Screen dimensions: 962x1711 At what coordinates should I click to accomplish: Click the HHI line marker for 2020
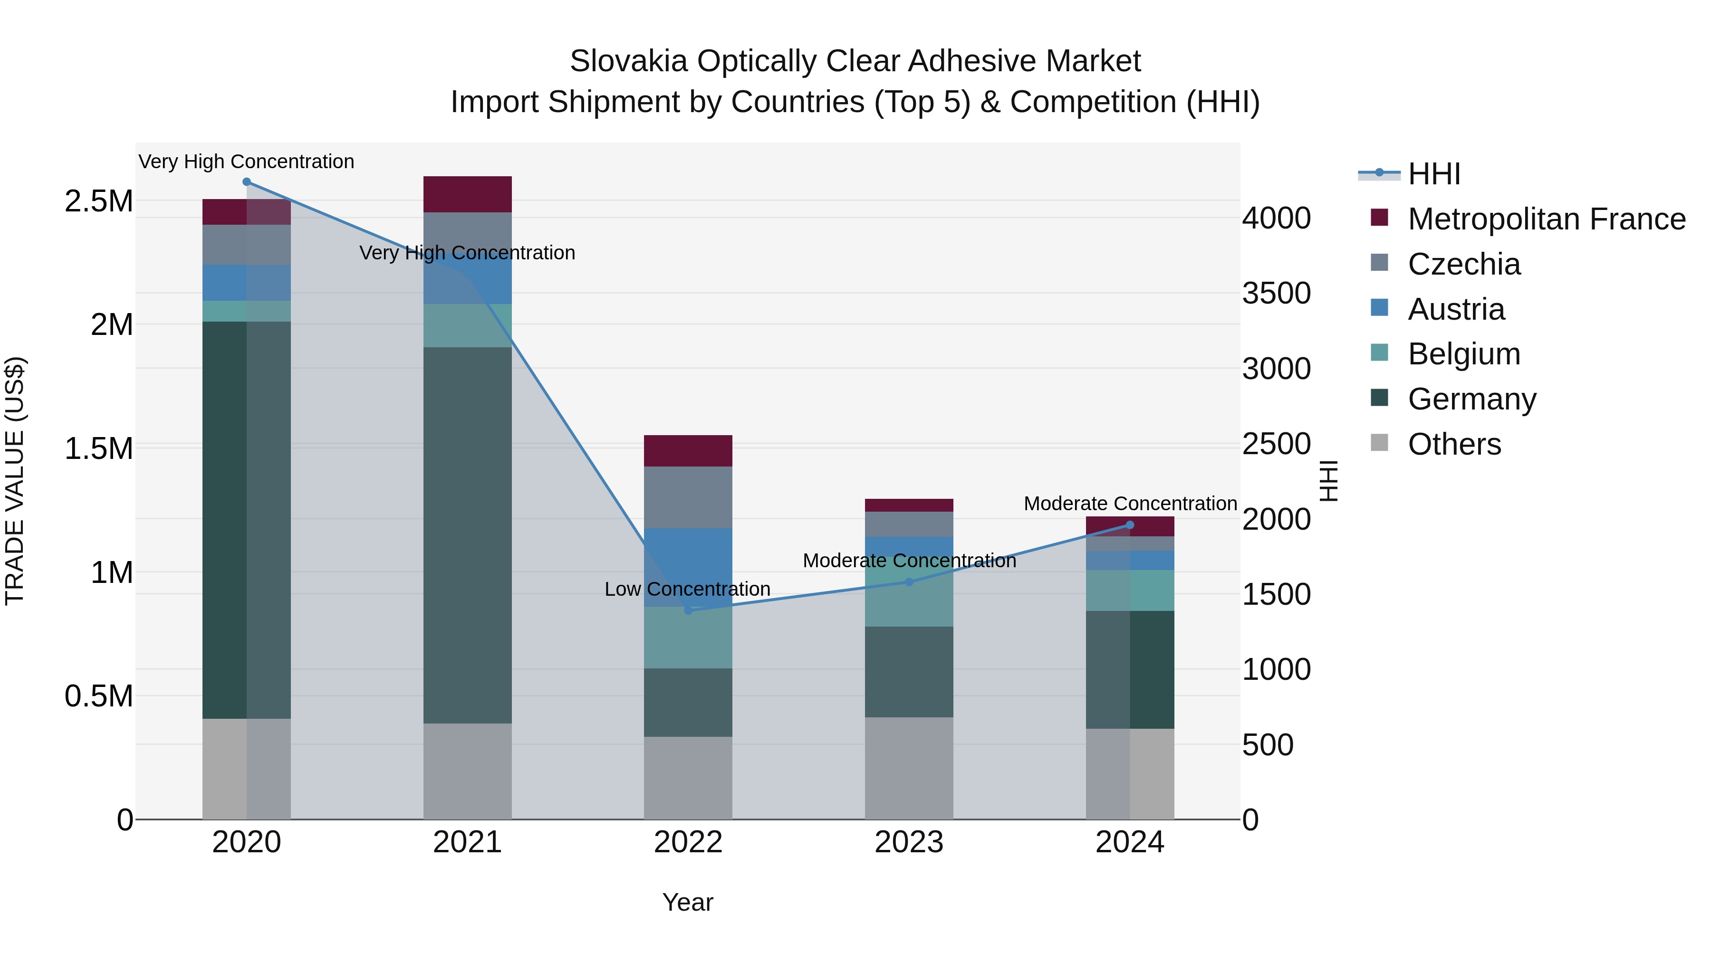tap(246, 182)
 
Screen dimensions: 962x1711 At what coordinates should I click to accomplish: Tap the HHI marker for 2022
tap(688, 610)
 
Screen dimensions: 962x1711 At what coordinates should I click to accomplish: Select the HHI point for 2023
tap(909, 581)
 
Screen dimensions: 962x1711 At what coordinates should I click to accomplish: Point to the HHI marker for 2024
tap(1130, 525)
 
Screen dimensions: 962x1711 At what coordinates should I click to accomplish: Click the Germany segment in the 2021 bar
tap(468, 534)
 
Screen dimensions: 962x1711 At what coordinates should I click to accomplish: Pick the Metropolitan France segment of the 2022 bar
tap(688, 451)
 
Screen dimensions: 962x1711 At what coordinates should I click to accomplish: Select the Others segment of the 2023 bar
tap(909, 768)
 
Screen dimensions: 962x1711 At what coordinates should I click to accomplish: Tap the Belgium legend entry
tap(1464, 354)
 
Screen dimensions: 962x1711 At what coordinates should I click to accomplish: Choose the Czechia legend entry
tap(1464, 264)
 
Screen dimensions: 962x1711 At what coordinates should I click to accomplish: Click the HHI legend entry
tap(1433, 174)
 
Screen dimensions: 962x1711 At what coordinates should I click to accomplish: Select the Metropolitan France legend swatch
tap(1380, 218)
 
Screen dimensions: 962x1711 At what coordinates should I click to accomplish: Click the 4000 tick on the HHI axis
tap(1276, 219)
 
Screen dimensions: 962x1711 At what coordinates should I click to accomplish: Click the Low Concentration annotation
tap(687, 589)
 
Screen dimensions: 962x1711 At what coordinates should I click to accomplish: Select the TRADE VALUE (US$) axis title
tap(15, 481)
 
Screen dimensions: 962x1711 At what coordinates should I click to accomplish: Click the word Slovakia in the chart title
tap(628, 61)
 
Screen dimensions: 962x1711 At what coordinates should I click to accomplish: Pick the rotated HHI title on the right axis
tap(1328, 481)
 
